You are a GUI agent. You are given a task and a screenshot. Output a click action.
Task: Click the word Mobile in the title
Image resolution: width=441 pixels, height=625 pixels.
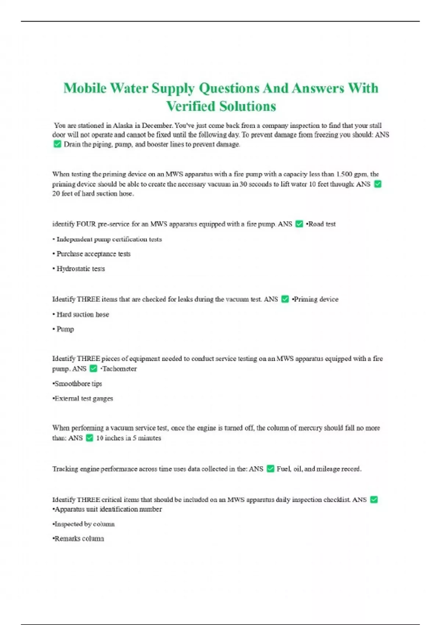(85, 88)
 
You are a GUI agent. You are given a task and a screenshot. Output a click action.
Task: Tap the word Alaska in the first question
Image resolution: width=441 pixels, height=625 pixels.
(123, 125)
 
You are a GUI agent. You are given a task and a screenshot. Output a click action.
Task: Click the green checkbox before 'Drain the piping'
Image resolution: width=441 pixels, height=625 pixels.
(57, 144)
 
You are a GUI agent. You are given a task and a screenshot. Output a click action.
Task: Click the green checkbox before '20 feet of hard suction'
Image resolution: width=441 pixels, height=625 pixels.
(377, 184)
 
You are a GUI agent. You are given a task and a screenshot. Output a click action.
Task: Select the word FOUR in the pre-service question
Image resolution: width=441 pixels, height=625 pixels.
(86, 224)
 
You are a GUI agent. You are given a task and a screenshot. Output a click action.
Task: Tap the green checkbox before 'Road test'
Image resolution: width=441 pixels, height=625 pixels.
(299, 224)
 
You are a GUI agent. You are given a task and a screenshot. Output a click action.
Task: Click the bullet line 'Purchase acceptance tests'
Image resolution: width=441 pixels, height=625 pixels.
(93, 254)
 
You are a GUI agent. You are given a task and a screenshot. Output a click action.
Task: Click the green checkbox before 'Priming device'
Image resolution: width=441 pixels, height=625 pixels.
(285, 299)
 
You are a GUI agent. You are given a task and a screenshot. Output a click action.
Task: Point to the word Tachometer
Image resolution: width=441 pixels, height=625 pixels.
(119, 369)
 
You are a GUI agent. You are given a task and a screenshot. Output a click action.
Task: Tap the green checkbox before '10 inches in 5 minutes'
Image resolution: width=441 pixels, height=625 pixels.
(89, 438)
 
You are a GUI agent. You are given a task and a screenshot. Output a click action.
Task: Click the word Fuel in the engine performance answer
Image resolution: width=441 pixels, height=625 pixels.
(283, 469)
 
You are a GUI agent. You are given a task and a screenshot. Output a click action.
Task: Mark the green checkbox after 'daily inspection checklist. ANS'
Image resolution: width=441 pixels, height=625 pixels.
(374, 500)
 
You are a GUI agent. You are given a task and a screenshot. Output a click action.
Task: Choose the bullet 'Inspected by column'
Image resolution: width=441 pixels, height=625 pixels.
(84, 524)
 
